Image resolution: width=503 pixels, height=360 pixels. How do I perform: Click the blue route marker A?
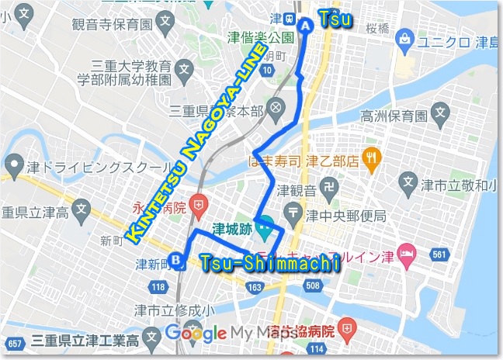pos(304,25)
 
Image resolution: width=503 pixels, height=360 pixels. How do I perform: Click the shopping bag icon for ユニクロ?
pos(403,38)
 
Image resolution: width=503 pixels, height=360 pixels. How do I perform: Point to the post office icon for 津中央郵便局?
pos(293,210)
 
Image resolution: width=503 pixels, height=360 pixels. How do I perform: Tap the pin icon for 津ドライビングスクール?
pos(13,164)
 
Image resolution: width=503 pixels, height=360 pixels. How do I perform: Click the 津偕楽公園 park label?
pos(260,37)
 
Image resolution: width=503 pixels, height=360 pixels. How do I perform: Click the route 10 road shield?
pos(267,71)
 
